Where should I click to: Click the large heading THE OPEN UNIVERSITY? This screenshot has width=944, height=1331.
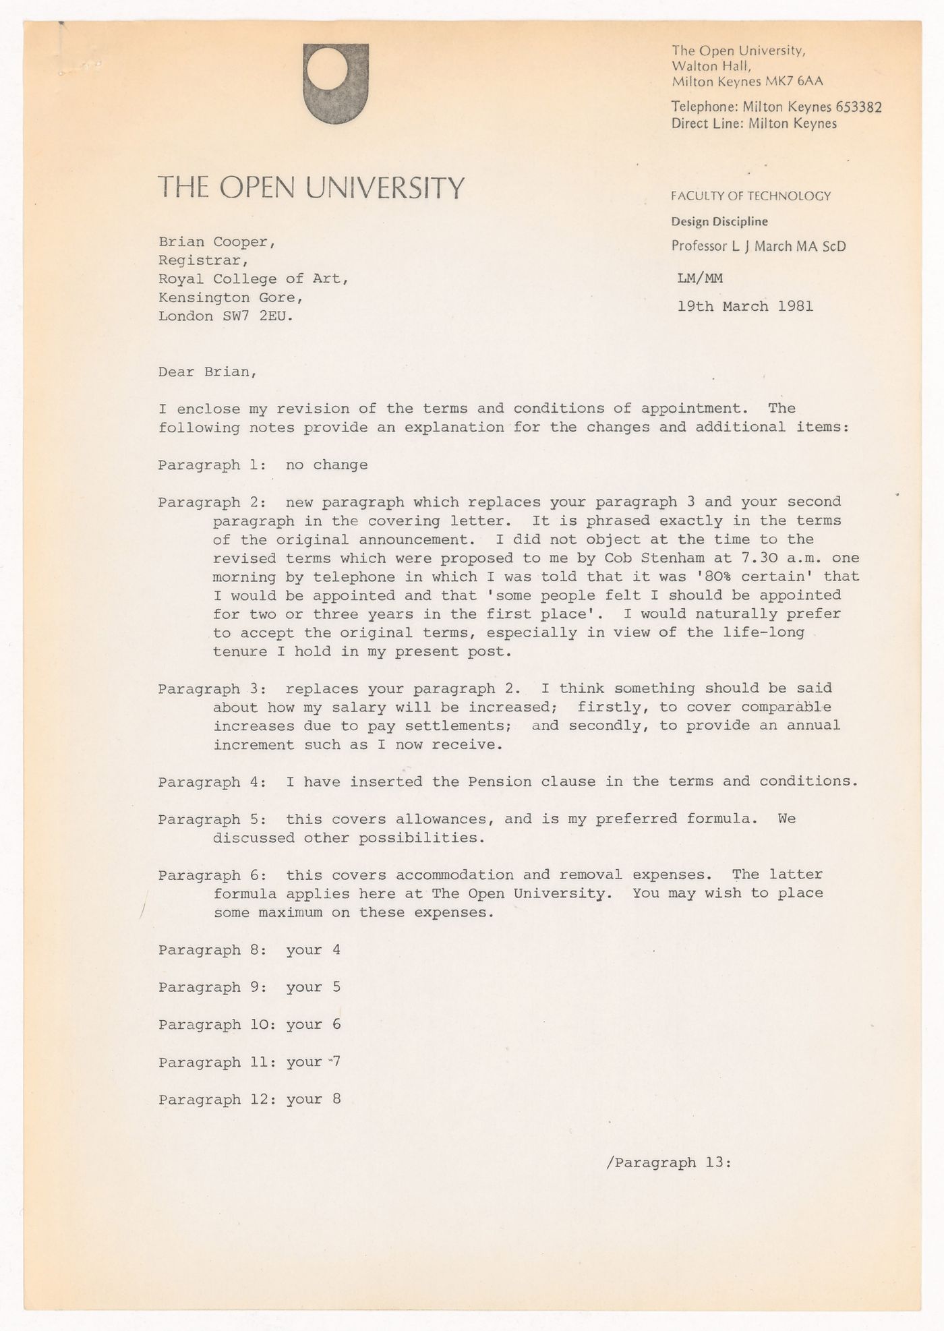pos(311,187)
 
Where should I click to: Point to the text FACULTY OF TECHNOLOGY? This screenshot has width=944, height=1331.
pos(750,196)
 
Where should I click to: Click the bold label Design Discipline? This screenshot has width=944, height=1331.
pos(719,221)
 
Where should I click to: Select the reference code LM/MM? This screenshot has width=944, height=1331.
pos(700,278)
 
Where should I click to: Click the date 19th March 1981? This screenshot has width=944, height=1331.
pos(745,306)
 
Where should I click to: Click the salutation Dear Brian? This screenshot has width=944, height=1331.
pos(207,372)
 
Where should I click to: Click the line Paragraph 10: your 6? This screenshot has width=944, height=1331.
pos(249,1024)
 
